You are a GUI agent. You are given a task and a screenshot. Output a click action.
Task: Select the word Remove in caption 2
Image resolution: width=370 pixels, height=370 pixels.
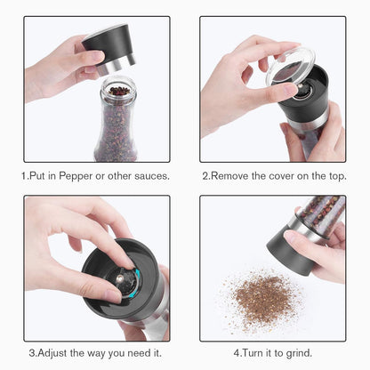(x=232, y=175)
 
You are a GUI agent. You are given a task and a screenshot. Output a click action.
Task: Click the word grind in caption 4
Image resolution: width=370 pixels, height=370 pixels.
(x=295, y=351)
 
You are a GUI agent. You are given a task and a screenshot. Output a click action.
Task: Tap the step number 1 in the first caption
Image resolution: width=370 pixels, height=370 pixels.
(x=24, y=175)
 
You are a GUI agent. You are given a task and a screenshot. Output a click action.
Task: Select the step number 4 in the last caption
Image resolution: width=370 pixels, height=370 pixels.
(x=237, y=351)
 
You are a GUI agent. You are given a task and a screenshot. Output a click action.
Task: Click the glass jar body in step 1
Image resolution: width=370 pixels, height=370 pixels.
(x=117, y=133)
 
